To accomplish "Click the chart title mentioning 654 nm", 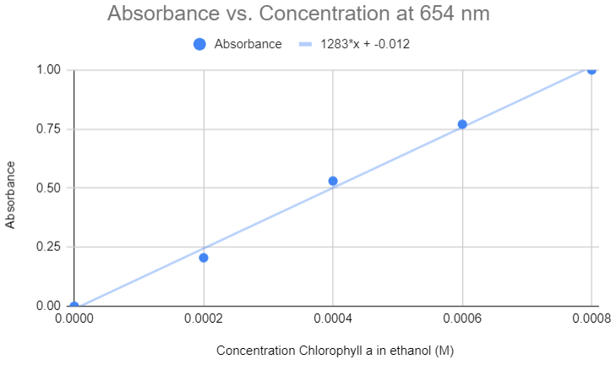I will [x=298, y=14].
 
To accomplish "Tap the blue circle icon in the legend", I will [x=199, y=44].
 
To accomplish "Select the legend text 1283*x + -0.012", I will [x=365, y=44].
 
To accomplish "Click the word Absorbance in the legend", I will [x=248, y=44].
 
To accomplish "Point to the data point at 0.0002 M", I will [x=204, y=258].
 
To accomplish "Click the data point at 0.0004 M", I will [x=333, y=181].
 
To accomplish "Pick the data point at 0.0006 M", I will [x=462, y=124].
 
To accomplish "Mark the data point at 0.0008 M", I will [x=591, y=70].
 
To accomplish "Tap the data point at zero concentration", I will [x=74, y=306].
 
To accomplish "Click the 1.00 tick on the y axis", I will [x=50, y=70].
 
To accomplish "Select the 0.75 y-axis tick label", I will [x=50, y=128].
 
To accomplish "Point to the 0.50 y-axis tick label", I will [x=50, y=188].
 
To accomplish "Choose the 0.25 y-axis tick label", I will [x=50, y=247].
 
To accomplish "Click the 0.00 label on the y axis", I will [x=50, y=306].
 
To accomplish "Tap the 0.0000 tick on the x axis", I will [x=74, y=321].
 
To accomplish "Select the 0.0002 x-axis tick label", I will [x=204, y=321].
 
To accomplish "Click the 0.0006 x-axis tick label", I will [x=462, y=321].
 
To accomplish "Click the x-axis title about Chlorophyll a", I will [x=336, y=350].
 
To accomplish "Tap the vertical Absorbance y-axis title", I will [x=11, y=195].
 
